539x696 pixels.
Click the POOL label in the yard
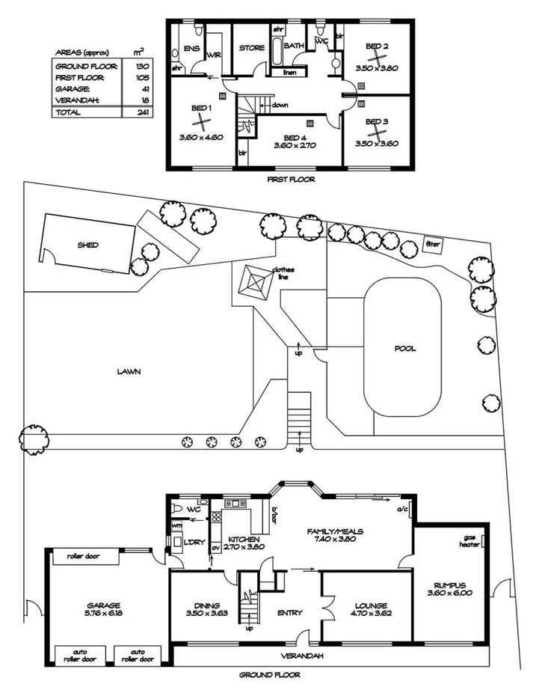coord(406,349)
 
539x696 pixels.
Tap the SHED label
coord(87,245)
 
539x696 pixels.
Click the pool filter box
coord(433,244)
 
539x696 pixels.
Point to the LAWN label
coord(129,370)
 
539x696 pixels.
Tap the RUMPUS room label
coord(449,590)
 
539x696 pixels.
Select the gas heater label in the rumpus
coord(470,541)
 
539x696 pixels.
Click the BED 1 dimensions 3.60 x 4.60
coord(201,138)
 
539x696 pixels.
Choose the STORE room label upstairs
coord(251,48)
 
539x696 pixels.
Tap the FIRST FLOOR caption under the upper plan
coord(291,180)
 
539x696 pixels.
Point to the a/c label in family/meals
coord(401,508)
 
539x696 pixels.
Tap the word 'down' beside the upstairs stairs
coord(280,105)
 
